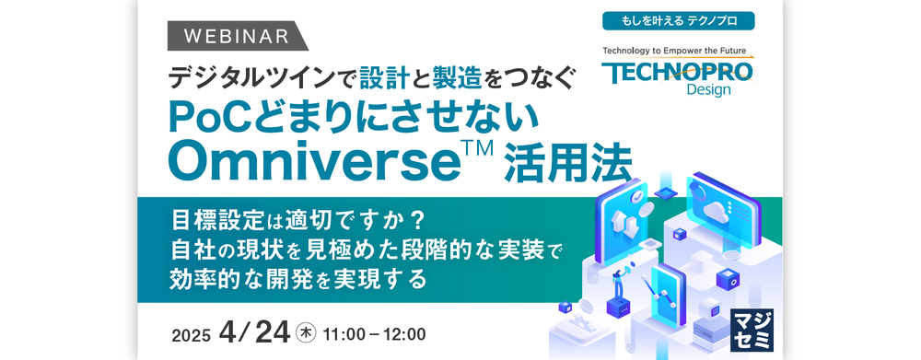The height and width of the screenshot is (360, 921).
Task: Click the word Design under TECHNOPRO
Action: pos(707,90)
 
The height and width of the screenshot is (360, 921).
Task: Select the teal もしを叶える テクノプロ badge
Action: pos(678,19)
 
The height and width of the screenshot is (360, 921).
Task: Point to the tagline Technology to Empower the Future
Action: pos(678,52)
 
